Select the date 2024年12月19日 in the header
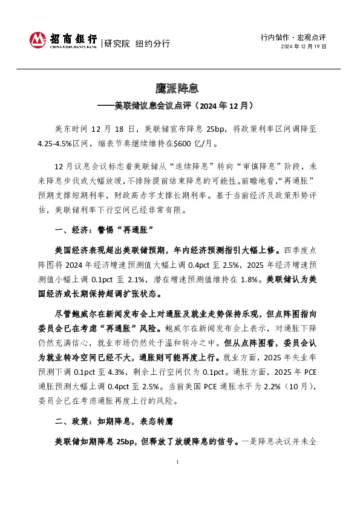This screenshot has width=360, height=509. pos(304,46)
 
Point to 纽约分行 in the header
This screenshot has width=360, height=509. pos(152,43)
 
